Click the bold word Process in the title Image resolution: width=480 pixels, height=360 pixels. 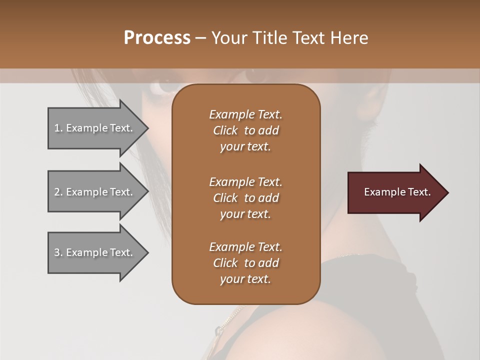pos(157,38)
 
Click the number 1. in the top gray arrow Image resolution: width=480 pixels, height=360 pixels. pos(58,128)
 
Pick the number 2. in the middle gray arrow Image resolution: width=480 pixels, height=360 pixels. pos(58,192)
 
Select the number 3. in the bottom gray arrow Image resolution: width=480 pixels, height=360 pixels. pos(58,252)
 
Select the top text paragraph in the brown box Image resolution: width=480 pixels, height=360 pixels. pos(245,130)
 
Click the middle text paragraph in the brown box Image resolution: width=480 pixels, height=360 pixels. pos(245,198)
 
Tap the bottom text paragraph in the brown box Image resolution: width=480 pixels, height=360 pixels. pos(245,263)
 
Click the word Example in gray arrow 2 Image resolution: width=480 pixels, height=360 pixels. pos(87,192)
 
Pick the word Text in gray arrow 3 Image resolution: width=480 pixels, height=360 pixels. pos(121,252)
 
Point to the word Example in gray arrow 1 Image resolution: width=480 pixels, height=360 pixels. pos(87,128)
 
